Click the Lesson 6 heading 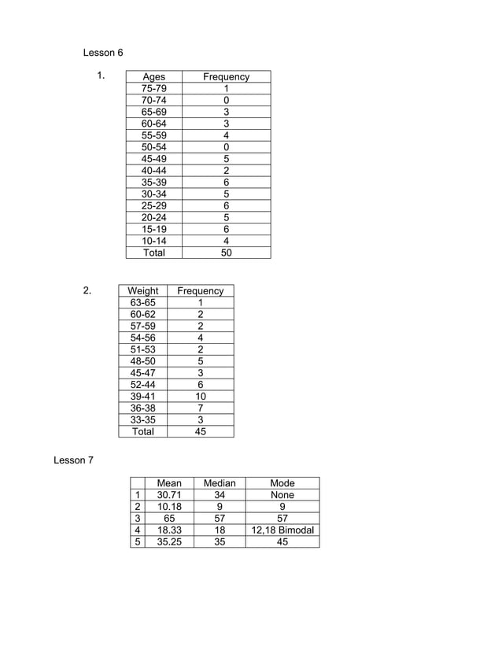(103, 53)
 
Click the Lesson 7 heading (73, 460)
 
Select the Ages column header (153, 76)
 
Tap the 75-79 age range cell (153, 88)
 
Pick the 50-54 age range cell (153, 147)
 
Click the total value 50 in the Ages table (226, 253)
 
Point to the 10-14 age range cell (153, 241)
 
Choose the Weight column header (142, 290)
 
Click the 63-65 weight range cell (142, 302)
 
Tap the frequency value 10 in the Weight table (201, 397)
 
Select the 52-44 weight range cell (142, 385)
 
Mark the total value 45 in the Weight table (201, 431)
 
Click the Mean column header (169, 483)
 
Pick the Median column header (220, 483)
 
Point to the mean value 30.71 (169, 495)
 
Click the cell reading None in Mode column (282, 495)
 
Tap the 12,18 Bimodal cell (282, 530)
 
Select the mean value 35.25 (169, 541)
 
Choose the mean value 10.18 (169, 507)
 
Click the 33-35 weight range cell (142, 419)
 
